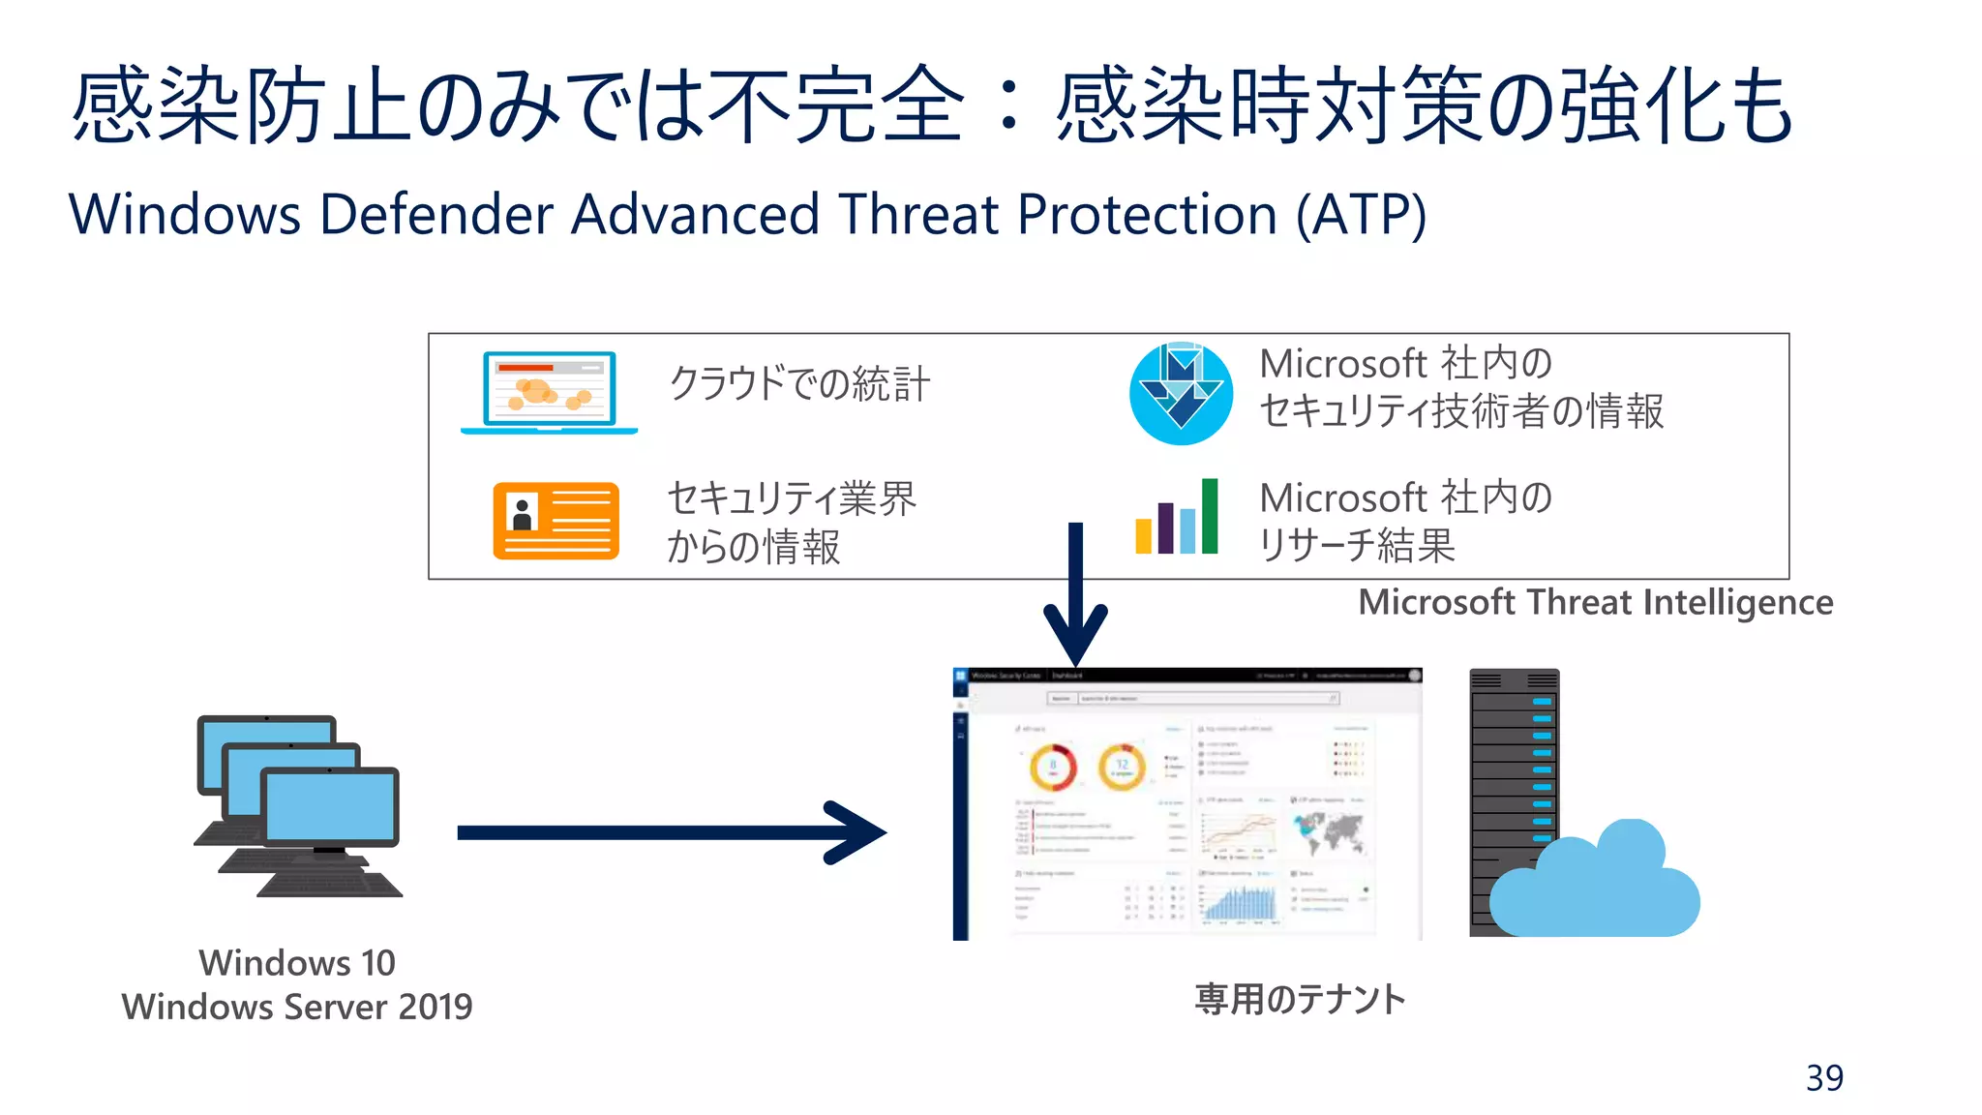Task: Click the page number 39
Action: point(1824,1077)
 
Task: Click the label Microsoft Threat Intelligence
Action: point(1595,602)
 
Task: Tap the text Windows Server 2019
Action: point(297,1007)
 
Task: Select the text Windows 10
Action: point(297,962)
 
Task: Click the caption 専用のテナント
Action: point(1300,999)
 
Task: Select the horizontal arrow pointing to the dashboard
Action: point(668,832)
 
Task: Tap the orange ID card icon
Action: point(556,521)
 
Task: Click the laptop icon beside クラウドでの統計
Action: point(549,391)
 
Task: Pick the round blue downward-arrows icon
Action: point(1181,394)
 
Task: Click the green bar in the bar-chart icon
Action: point(1210,516)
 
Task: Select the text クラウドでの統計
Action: point(799,383)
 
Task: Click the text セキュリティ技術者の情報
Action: point(1461,411)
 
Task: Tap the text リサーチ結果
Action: point(1357,545)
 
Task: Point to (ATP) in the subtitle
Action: point(1361,214)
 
